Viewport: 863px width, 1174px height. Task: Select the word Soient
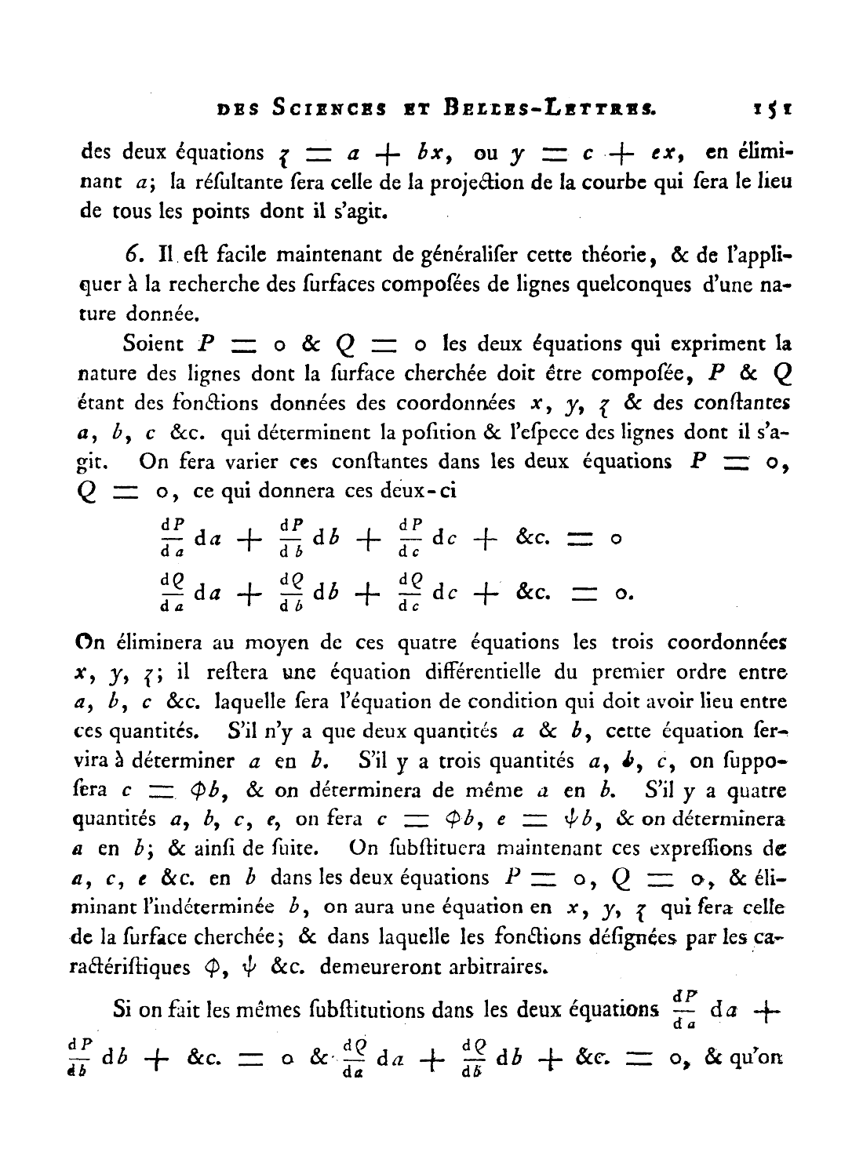point(152,343)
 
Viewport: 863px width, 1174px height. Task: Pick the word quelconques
point(614,285)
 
